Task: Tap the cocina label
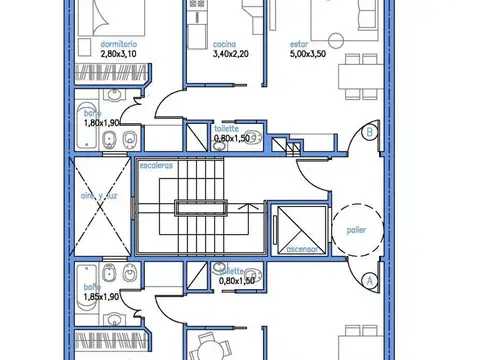225,45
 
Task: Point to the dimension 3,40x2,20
229,56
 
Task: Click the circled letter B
370,132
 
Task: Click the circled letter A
370,281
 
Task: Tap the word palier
357,229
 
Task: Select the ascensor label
301,249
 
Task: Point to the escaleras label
157,165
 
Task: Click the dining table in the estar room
352,79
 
